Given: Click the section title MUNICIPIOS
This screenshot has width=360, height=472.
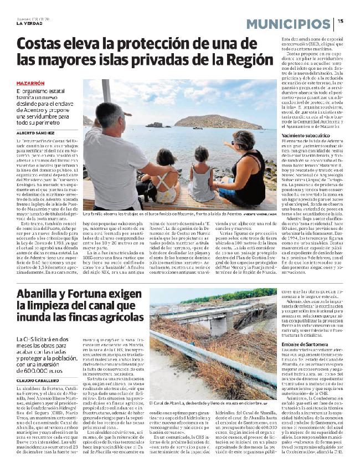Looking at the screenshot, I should pos(287,24).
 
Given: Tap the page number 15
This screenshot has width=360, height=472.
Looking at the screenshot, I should pos(341,21).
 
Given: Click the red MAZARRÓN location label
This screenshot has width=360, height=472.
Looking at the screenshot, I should pos(31,83).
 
